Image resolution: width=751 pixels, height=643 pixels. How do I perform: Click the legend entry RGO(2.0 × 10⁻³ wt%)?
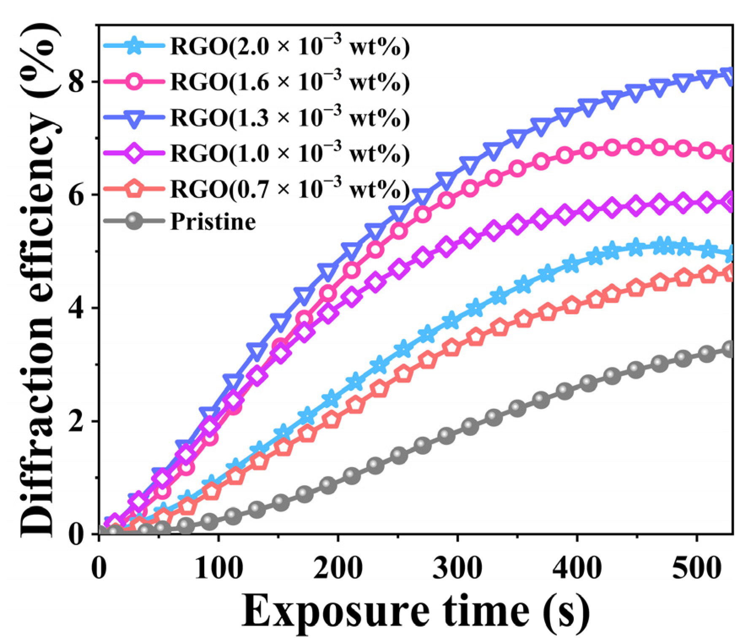pyautogui.click(x=290, y=46)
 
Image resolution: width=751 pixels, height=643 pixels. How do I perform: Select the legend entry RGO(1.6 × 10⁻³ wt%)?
pyautogui.click(x=290, y=82)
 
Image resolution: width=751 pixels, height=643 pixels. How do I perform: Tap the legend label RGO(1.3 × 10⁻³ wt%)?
pyautogui.click(x=290, y=118)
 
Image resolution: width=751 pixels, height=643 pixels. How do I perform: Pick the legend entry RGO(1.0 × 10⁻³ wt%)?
pyautogui.click(x=290, y=154)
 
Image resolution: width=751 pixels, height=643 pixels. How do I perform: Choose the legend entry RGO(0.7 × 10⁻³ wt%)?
pyautogui.click(x=290, y=189)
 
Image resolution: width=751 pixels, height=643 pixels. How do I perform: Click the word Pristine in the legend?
pyautogui.click(x=213, y=222)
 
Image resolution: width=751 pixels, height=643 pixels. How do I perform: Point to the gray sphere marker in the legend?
pyautogui.click(x=134, y=221)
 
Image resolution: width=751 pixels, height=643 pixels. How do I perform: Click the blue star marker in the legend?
pyautogui.click(x=134, y=45)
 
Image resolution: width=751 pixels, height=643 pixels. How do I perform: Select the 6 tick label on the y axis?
pyautogui.click(x=77, y=195)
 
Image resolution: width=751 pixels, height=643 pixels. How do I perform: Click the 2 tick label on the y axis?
pyautogui.click(x=77, y=421)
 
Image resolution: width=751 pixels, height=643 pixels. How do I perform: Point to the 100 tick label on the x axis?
pyautogui.click(x=219, y=568)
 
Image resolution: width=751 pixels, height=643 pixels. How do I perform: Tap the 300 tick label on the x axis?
pyautogui.click(x=458, y=568)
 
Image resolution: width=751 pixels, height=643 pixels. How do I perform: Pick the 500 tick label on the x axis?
pyautogui.click(x=697, y=568)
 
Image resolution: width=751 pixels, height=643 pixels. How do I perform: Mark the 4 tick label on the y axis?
pyautogui.click(x=77, y=308)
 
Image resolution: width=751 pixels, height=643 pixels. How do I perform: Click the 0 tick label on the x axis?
pyautogui.click(x=99, y=568)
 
